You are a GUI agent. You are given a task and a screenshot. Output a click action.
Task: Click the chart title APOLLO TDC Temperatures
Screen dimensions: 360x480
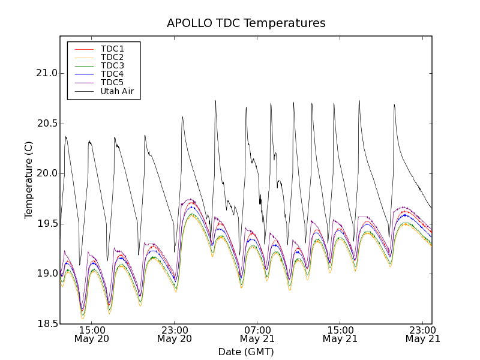[246, 23]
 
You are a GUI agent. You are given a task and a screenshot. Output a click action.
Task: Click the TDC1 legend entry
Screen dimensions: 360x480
[112, 49]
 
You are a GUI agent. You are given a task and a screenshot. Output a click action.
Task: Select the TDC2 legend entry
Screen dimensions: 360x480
[112, 57]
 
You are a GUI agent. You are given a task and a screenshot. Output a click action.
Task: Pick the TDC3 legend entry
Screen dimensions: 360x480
[112, 65]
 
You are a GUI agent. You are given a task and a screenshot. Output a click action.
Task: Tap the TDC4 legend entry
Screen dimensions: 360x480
[112, 74]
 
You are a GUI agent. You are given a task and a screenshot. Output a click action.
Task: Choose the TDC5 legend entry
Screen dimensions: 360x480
[112, 82]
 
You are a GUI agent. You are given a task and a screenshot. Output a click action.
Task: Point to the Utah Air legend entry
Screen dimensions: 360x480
[117, 91]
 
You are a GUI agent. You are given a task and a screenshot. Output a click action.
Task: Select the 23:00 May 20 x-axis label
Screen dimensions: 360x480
[175, 334]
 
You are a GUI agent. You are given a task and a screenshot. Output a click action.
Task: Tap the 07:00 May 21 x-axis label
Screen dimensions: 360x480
[257, 334]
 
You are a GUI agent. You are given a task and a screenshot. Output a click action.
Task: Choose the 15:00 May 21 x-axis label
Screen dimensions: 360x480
[340, 334]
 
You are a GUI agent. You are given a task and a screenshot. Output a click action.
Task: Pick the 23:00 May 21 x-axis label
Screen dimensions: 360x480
[423, 334]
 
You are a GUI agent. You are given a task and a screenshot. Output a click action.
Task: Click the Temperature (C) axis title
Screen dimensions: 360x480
[29, 180]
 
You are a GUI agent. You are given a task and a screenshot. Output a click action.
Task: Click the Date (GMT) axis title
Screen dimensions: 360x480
[246, 352]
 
